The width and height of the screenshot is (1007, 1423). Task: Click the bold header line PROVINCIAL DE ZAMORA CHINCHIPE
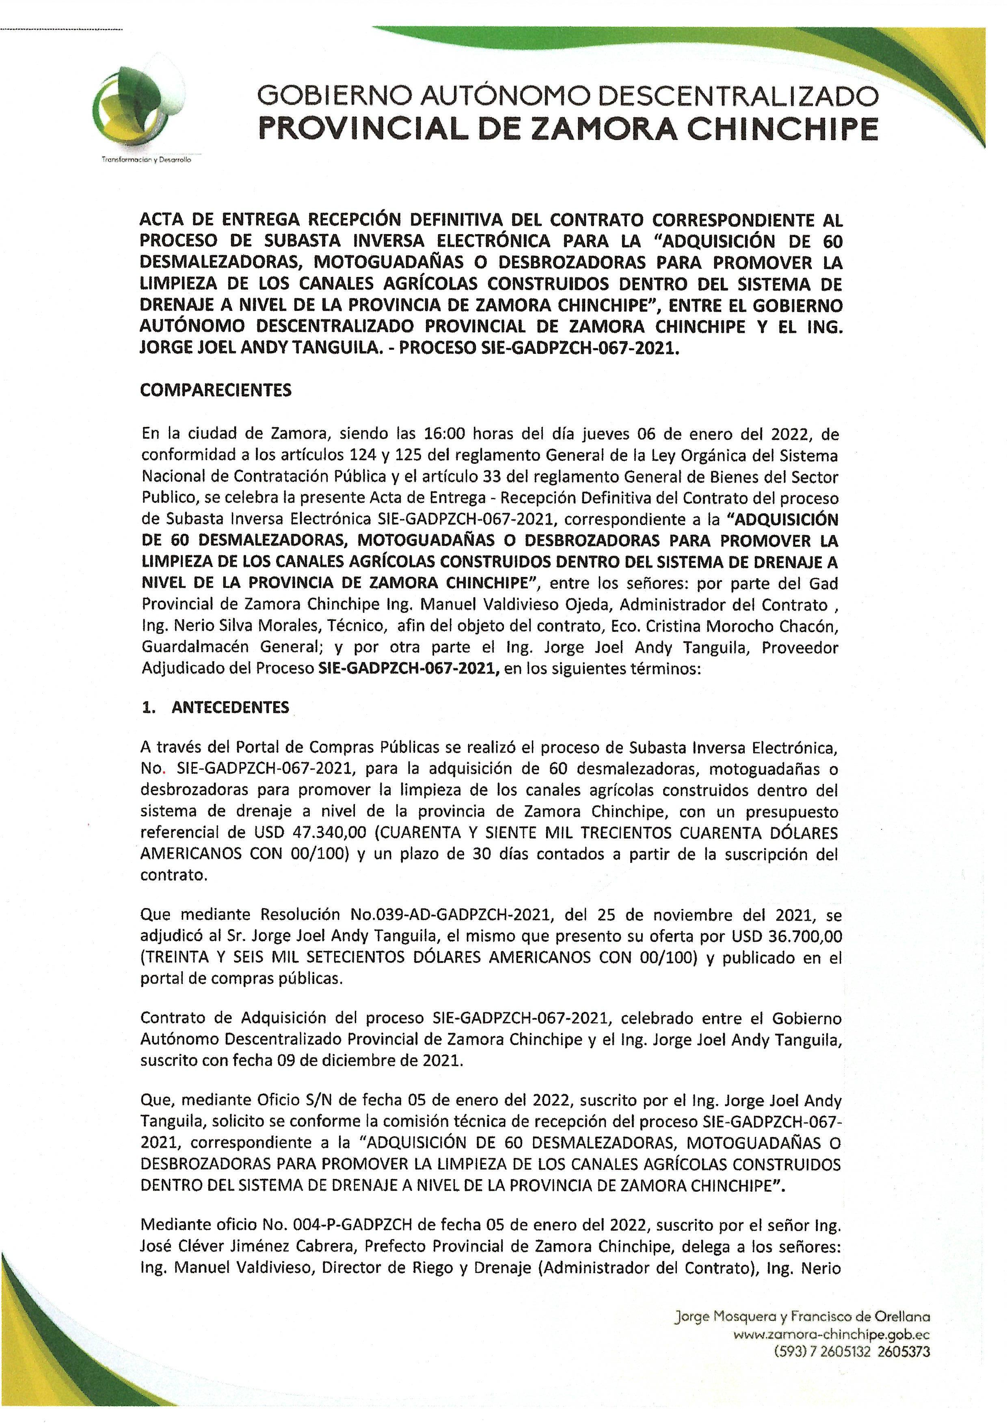coord(568,129)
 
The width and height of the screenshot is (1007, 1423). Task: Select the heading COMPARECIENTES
coord(216,390)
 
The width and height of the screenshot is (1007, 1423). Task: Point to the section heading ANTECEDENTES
coord(230,707)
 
